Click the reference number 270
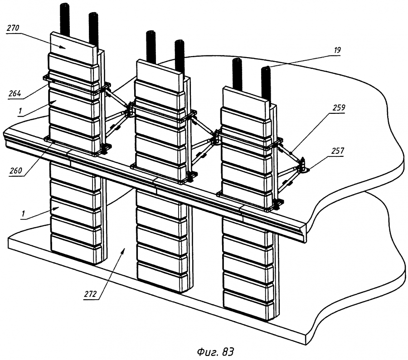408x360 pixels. [13, 28]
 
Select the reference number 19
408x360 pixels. [337, 50]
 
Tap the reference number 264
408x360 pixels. [15, 93]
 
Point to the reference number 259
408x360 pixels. [339, 107]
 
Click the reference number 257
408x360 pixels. [337, 151]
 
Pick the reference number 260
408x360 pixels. [16, 171]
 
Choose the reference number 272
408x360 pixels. [90, 294]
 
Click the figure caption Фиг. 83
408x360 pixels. [215, 352]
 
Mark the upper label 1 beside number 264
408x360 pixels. [20, 111]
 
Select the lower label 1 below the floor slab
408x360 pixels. [24, 214]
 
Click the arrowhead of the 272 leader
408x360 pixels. [124, 250]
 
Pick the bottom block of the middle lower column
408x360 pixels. [162, 276]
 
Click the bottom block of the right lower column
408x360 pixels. [249, 303]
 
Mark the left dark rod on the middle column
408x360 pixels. [151, 47]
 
